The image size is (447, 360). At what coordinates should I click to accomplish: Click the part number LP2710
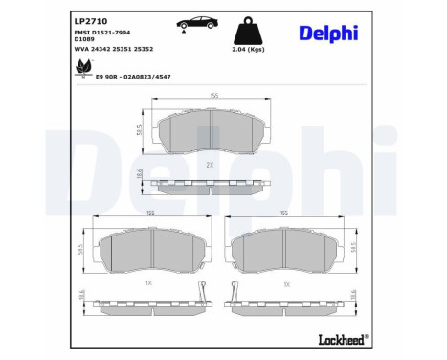pyautogui.click(x=91, y=19)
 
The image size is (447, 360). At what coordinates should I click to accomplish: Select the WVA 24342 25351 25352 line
pyautogui.click(x=114, y=48)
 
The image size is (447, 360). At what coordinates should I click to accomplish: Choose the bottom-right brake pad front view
pyautogui.click(x=283, y=254)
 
